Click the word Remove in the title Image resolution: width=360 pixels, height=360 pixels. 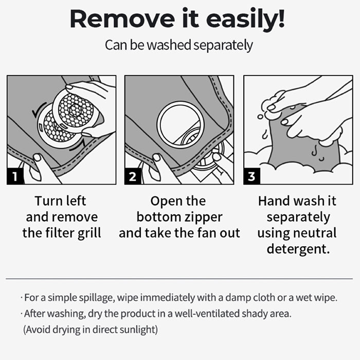122,19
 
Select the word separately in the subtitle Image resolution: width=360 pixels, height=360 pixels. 223,45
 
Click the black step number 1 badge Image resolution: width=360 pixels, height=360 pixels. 15,176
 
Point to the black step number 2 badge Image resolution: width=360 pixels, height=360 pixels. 133,176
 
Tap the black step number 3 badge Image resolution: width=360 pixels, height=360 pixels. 251,176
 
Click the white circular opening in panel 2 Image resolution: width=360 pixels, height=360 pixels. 181,125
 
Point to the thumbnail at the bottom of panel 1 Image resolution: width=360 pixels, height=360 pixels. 37,158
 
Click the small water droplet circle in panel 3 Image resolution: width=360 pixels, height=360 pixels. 260,117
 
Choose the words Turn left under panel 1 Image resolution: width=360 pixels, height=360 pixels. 60,201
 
